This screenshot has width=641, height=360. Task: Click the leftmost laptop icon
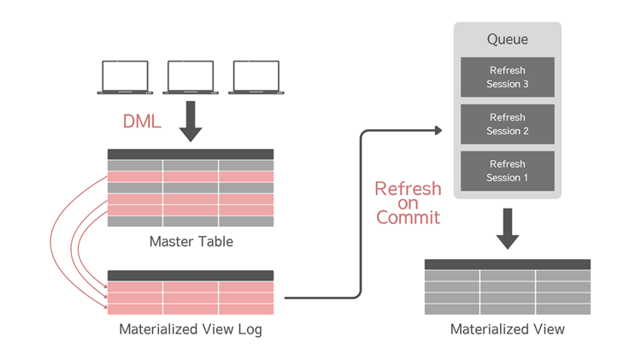tap(125, 76)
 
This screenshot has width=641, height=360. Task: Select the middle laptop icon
tap(191, 76)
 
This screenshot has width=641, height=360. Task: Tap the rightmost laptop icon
tap(256, 76)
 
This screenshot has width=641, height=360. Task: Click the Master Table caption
tap(191, 241)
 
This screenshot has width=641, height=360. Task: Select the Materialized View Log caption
tap(191, 329)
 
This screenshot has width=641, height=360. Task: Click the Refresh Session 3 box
tap(508, 77)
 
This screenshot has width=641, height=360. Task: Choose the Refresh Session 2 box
tap(508, 124)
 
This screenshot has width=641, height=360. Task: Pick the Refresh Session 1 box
tap(508, 171)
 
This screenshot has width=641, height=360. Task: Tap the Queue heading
tap(508, 39)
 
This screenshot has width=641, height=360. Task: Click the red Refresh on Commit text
tap(408, 203)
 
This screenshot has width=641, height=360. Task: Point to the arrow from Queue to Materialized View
tap(508, 229)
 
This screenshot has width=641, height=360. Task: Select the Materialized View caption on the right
tap(508, 329)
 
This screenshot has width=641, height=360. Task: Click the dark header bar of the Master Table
tap(191, 154)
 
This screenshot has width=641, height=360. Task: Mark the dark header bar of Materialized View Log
tap(191, 275)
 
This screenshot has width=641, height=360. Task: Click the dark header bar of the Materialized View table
tap(508, 264)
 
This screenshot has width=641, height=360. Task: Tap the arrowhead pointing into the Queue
tap(438, 131)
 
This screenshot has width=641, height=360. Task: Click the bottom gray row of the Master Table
tap(191, 221)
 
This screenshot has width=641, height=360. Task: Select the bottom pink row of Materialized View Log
tap(191, 310)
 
